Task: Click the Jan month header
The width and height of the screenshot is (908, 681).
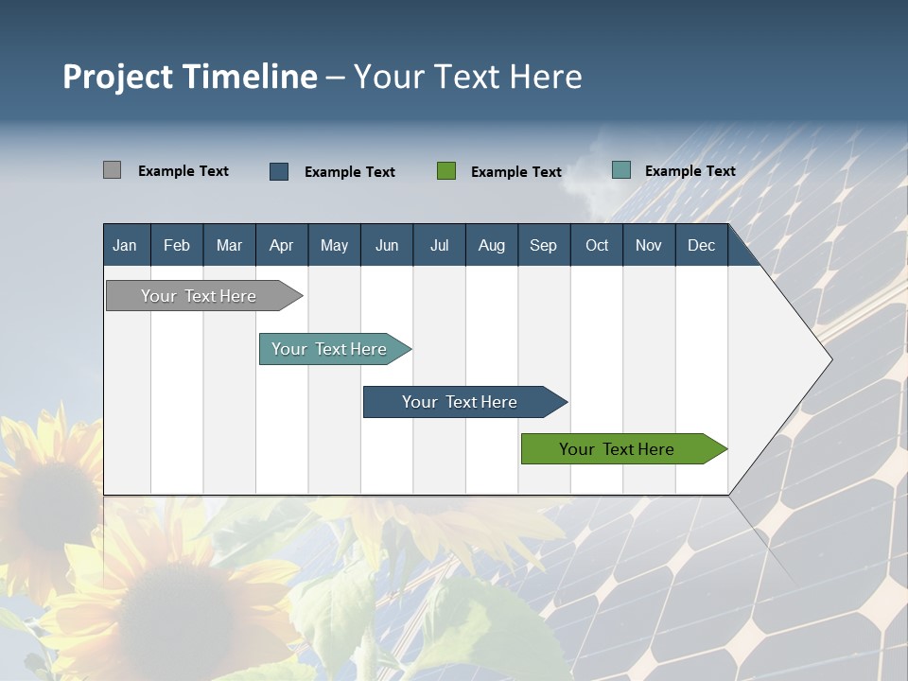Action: [x=125, y=246]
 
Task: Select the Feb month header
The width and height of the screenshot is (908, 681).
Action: [x=177, y=246]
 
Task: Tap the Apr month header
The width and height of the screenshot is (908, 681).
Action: [x=281, y=246]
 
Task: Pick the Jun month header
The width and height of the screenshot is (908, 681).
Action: [x=387, y=246]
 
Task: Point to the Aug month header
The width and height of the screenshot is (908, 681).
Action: [x=492, y=246]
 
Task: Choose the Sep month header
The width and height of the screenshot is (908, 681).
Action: [x=543, y=246]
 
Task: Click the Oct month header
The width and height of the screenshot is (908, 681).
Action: [x=597, y=246]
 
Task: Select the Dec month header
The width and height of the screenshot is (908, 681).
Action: [x=701, y=246]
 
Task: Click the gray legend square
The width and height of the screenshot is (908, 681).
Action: [x=112, y=170]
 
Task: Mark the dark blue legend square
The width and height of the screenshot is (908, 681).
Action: [x=279, y=171]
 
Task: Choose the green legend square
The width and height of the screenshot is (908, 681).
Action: [x=446, y=171]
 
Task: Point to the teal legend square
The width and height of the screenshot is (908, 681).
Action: [x=621, y=170]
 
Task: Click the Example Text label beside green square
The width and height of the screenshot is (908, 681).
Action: [x=516, y=172]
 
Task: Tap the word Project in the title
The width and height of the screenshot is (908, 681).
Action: [x=117, y=77]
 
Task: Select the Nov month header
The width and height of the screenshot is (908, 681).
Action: [x=649, y=246]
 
